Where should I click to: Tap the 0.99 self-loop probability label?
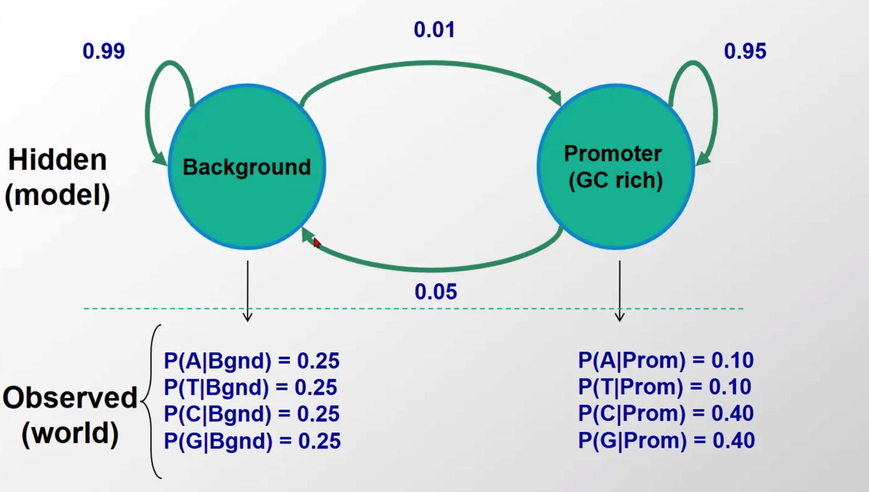pyautogui.click(x=103, y=51)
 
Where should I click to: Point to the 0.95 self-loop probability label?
pyautogui.click(x=745, y=51)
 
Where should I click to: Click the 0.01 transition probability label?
pyautogui.click(x=434, y=29)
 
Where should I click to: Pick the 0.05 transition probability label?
pyautogui.click(x=436, y=292)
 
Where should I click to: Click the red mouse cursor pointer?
pyautogui.click(x=317, y=243)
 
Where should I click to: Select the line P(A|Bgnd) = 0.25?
pyautogui.click(x=251, y=360)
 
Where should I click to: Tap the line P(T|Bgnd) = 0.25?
pyautogui.click(x=250, y=387)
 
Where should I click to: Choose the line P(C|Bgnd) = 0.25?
pyautogui.click(x=251, y=414)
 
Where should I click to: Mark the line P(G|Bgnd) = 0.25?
pyautogui.click(x=252, y=441)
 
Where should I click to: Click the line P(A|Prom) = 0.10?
pyautogui.click(x=666, y=360)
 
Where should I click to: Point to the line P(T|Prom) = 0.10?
pyautogui.click(x=664, y=386)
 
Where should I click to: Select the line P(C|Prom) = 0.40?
pyautogui.click(x=666, y=413)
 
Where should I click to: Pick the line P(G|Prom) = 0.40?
pyautogui.click(x=666, y=440)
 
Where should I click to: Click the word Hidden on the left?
pyautogui.click(x=57, y=160)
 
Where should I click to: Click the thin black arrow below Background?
pyautogui.click(x=248, y=291)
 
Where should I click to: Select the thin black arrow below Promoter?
pyautogui.click(x=620, y=291)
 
